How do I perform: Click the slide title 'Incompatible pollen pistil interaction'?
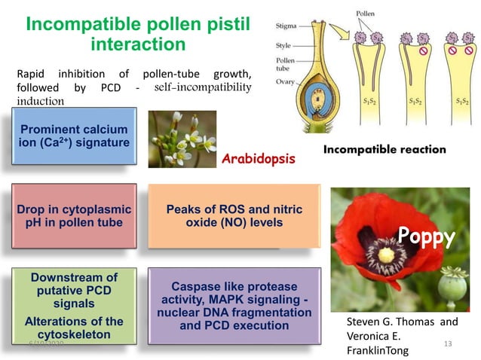click(x=137, y=35)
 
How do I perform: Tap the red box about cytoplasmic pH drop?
click(x=74, y=215)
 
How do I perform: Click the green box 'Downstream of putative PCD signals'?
click(x=74, y=305)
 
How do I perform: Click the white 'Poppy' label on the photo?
click(x=427, y=238)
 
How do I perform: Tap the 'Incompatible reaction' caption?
click(x=384, y=149)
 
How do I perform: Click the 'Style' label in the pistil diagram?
click(x=283, y=45)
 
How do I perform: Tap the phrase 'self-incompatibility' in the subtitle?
click(x=201, y=87)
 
